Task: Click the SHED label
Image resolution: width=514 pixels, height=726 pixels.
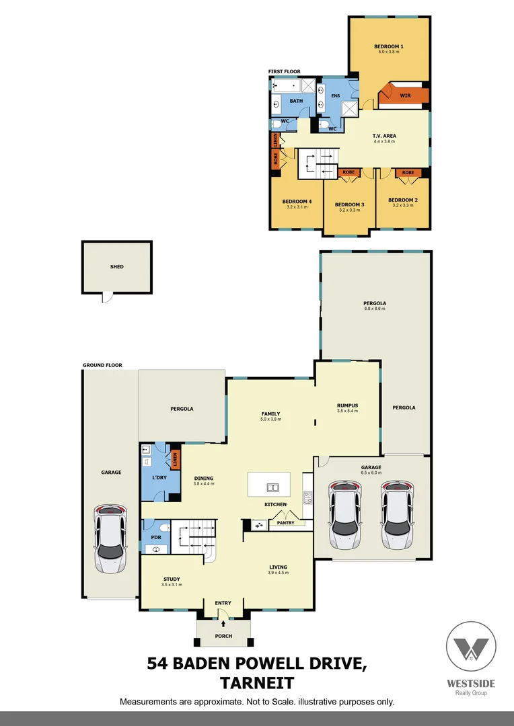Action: (117, 266)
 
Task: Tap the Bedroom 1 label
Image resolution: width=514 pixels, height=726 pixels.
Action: (389, 46)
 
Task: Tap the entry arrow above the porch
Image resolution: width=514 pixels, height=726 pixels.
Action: (223, 624)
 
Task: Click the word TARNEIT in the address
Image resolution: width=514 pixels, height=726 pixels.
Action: (257, 683)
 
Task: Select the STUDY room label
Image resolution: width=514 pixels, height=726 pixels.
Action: (172, 579)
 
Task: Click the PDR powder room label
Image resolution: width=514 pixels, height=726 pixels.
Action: (155, 538)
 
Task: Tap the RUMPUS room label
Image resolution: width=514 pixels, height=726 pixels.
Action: (347, 405)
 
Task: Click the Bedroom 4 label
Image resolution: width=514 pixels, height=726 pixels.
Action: (297, 201)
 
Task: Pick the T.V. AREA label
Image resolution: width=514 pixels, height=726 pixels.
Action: (385, 136)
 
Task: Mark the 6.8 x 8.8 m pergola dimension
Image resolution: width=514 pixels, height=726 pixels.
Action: (375, 309)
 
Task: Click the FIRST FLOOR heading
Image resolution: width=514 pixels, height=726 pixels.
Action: (284, 71)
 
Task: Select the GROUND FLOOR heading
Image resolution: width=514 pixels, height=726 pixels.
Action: (102, 365)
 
